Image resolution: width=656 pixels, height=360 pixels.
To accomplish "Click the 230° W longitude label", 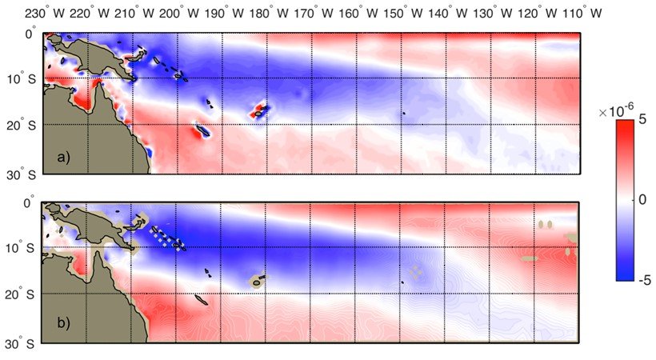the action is (45, 14).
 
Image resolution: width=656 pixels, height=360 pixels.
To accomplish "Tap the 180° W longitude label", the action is (268, 14).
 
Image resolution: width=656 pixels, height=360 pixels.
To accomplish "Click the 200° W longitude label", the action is (178, 14).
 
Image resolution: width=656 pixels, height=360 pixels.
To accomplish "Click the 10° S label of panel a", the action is (22, 78).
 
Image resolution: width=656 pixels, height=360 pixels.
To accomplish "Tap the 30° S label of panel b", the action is (21, 344).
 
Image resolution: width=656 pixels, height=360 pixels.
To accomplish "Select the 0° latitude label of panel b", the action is (30, 202).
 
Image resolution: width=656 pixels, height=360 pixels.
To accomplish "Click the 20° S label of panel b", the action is (21, 294).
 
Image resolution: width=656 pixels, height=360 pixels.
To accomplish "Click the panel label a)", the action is (63, 158).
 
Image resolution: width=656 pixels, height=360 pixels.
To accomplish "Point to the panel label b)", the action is (63, 322).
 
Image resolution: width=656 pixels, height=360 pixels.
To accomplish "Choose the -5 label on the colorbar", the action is (643, 279).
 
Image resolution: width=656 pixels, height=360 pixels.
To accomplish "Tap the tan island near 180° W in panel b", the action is (257, 281).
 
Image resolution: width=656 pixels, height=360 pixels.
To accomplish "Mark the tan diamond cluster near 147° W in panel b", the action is (415, 271).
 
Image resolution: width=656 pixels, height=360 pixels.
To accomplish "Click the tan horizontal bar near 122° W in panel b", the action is (529, 258).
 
